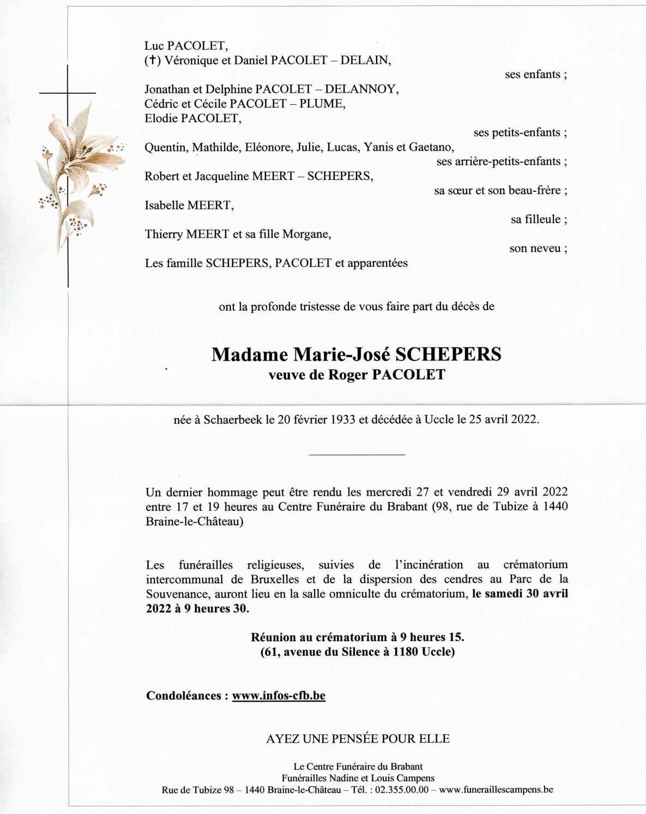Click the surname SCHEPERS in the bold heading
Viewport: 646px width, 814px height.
point(448,354)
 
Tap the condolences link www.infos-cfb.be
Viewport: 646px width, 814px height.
point(279,696)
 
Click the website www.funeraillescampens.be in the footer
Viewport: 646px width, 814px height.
point(496,790)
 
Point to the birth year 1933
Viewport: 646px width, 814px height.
point(343,420)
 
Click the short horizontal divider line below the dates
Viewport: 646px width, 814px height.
point(357,454)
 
